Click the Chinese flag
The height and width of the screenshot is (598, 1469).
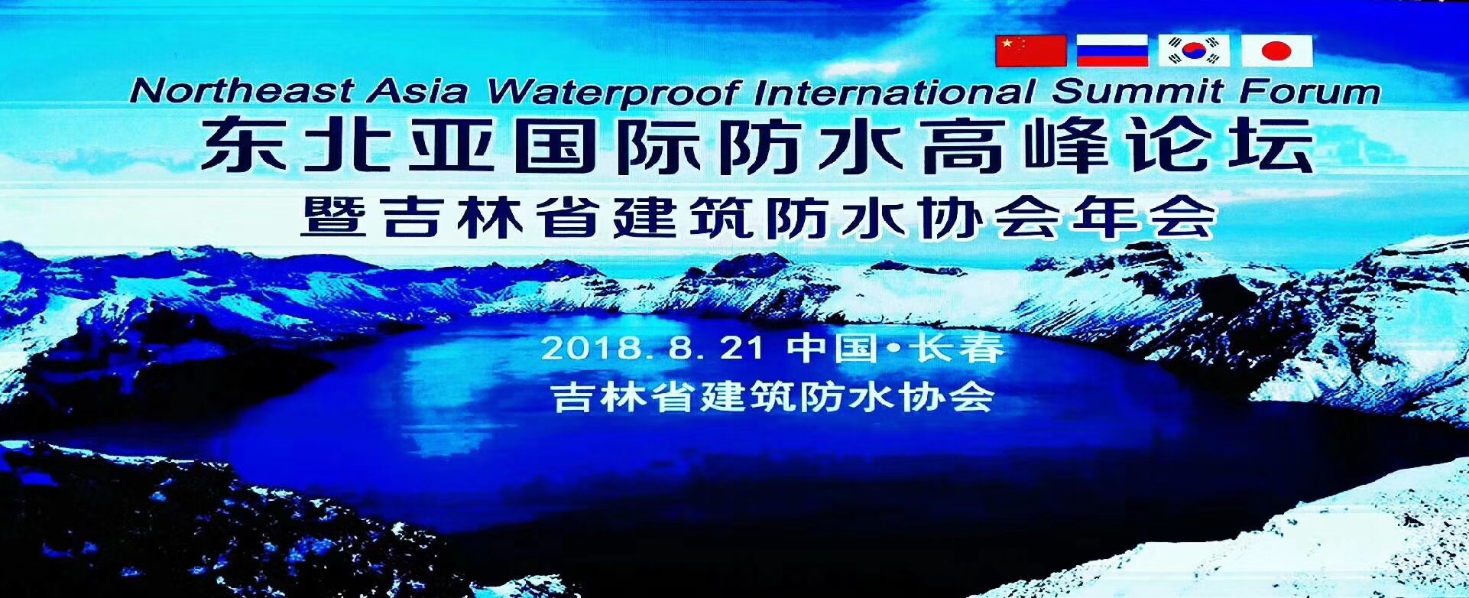[x=1030, y=50]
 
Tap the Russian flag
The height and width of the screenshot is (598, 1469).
[x=1112, y=50]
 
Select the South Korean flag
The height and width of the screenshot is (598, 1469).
[x=1194, y=50]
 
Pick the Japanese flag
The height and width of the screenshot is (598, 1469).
[x=1276, y=50]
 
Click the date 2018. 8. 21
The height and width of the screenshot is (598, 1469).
[x=653, y=349]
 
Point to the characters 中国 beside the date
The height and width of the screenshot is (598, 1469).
[x=833, y=349]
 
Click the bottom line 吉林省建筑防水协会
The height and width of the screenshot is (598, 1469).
[x=772, y=397]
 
